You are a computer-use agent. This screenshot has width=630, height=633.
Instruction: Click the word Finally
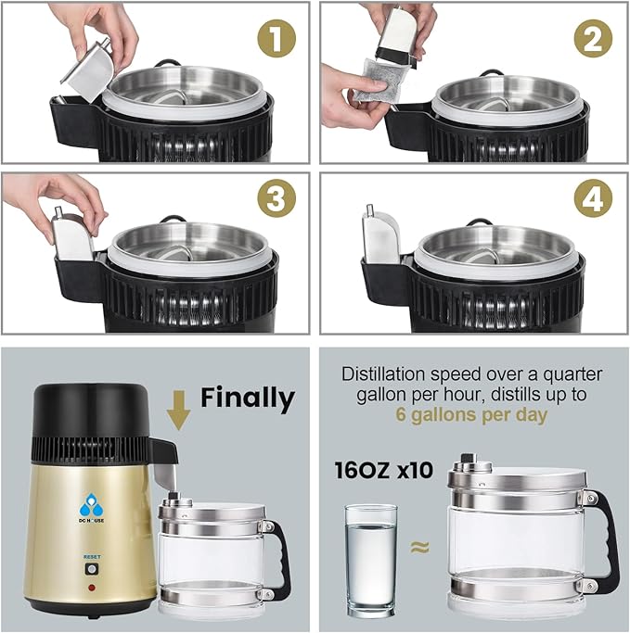point(248,399)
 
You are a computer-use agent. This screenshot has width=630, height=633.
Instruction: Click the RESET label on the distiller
point(92,558)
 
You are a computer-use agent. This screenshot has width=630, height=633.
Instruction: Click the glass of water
point(370,554)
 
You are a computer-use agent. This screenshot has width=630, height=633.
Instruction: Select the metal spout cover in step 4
point(380,235)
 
